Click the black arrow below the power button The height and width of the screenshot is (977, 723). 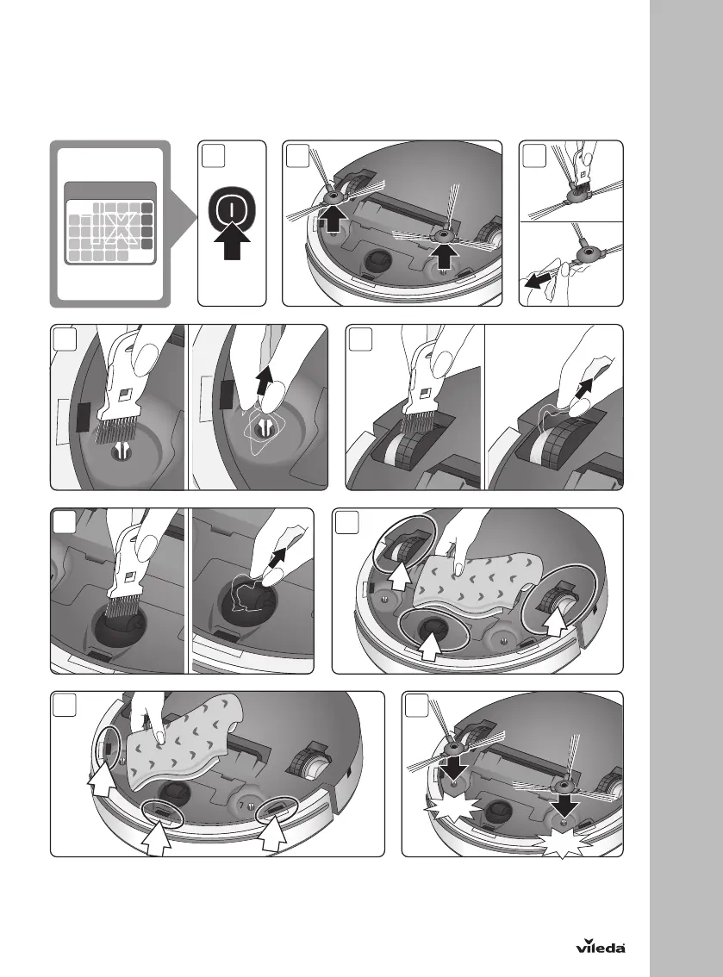[231, 242]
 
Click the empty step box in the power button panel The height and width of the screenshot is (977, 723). [213, 157]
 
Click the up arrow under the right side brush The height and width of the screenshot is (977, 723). [444, 256]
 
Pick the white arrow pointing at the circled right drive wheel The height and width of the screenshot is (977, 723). [555, 620]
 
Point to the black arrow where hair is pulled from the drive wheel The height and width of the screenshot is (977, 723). [584, 389]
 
